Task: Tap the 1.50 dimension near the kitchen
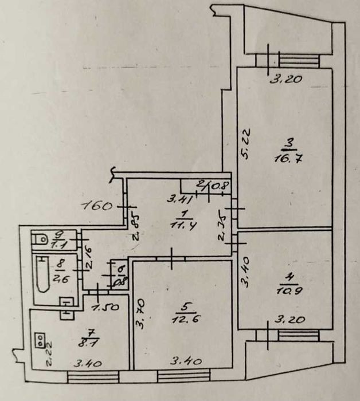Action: point(106,307)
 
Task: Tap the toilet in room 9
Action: point(41,238)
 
